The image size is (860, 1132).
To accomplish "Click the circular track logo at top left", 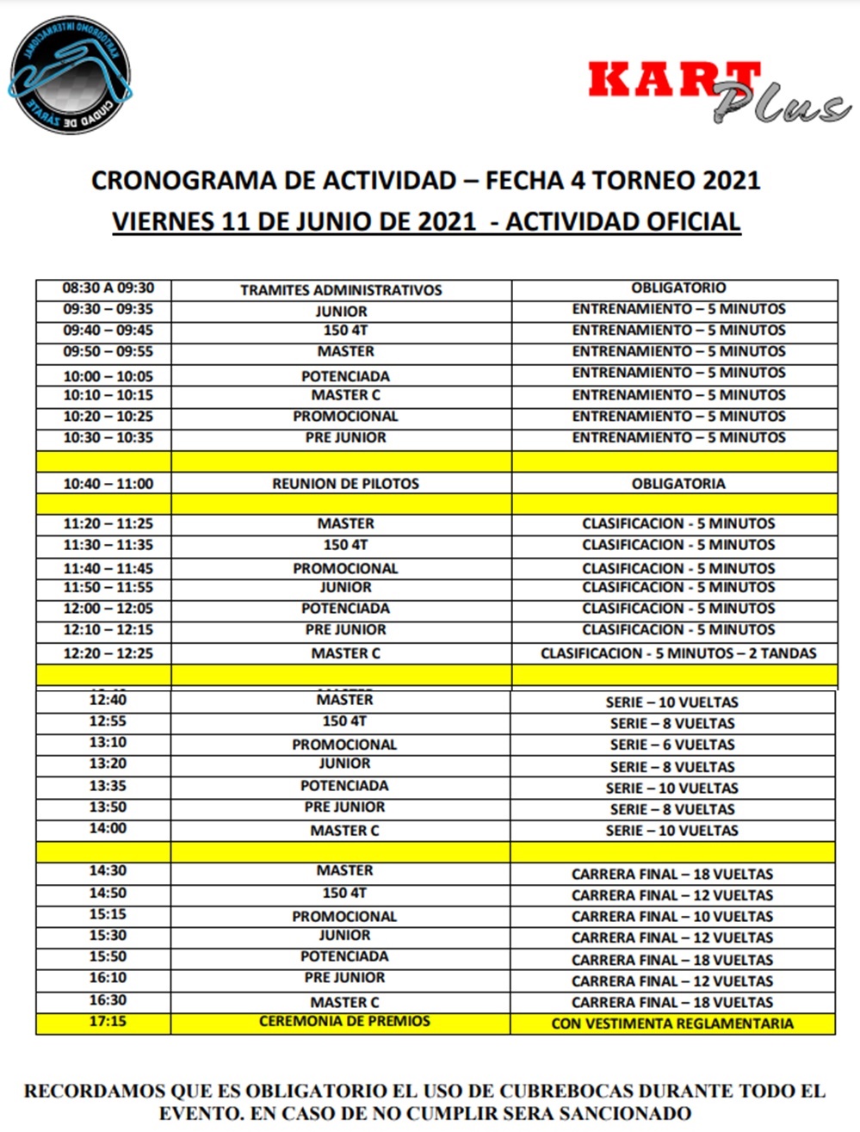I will (x=69, y=74).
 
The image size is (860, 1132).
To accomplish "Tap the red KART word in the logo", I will (x=672, y=80).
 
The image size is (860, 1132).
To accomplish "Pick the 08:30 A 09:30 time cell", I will (x=108, y=288).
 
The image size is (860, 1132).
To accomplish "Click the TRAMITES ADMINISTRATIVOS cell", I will (x=341, y=290).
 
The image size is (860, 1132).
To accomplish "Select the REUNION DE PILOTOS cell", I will (x=345, y=484).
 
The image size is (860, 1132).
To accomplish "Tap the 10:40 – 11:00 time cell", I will (x=108, y=484).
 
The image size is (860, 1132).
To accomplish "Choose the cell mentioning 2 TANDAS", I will (x=678, y=653).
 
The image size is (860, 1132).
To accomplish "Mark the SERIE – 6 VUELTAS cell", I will (x=672, y=745).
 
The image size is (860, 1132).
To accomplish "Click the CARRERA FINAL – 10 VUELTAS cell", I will (x=672, y=917).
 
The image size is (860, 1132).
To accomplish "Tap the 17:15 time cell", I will (x=108, y=1022).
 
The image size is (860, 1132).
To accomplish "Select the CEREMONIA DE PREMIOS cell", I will (x=344, y=1022).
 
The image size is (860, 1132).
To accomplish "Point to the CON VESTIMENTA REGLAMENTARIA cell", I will (x=672, y=1024).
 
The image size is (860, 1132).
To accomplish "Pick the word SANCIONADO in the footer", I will (x=609, y=1113).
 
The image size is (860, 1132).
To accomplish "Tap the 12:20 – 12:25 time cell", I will (x=108, y=653).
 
